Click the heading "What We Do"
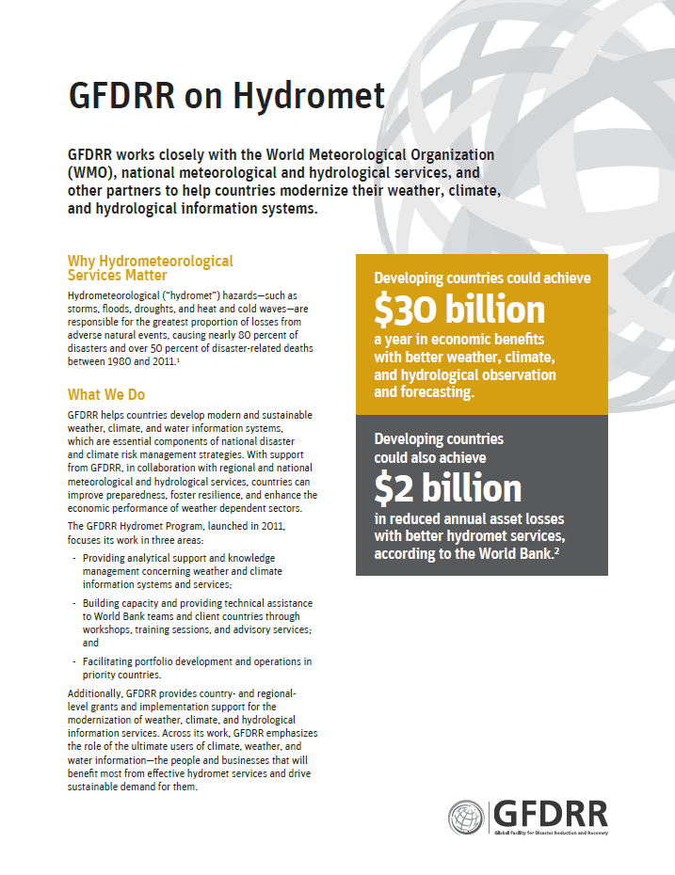coord(106,394)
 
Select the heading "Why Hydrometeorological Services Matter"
coord(151,268)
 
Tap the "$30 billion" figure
coord(459,310)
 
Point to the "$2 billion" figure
coord(447,487)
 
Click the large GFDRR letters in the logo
coord(551,813)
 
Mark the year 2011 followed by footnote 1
coord(166,361)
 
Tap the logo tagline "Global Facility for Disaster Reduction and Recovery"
coord(552,834)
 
